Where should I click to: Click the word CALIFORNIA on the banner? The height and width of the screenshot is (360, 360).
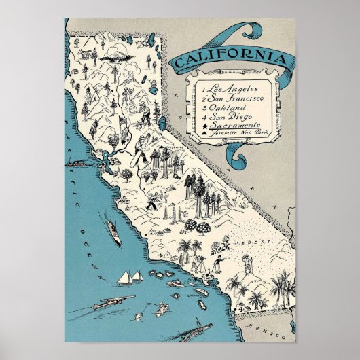tap(229, 60)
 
